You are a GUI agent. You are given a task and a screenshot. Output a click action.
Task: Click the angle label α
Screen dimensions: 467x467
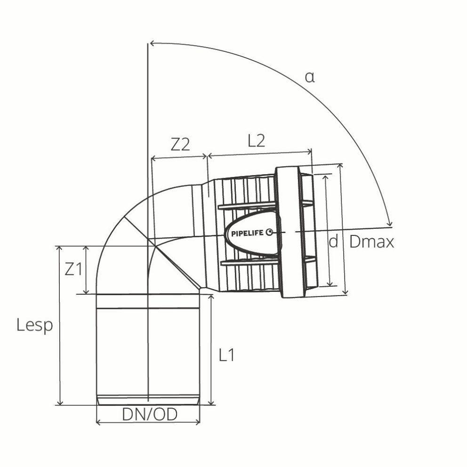(x=309, y=77)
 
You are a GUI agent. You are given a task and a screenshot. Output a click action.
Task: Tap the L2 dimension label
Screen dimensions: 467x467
(x=256, y=141)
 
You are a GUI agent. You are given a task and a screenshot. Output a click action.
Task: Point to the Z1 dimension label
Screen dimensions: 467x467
(x=73, y=270)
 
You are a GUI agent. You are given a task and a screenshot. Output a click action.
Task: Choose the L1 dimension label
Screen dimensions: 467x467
(x=227, y=355)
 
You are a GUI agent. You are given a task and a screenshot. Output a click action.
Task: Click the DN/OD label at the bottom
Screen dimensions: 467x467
(x=149, y=414)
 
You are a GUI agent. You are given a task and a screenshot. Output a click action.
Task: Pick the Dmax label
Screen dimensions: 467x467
(x=371, y=242)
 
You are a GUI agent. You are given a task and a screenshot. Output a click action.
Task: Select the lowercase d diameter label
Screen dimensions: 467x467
(x=333, y=242)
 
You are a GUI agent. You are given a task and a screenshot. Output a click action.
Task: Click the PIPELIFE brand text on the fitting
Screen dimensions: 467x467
(x=247, y=233)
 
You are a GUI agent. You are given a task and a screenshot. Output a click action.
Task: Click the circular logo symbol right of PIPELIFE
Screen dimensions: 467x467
(x=269, y=232)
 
